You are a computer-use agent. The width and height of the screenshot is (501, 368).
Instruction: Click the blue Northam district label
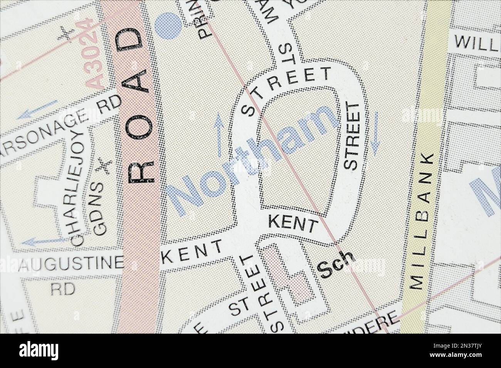(x=252, y=158)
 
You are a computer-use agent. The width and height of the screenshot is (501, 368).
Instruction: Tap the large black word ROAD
(x=139, y=108)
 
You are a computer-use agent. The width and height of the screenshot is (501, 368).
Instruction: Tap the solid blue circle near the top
(x=168, y=25)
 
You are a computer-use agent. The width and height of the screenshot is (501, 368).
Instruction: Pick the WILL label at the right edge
(x=476, y=42)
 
